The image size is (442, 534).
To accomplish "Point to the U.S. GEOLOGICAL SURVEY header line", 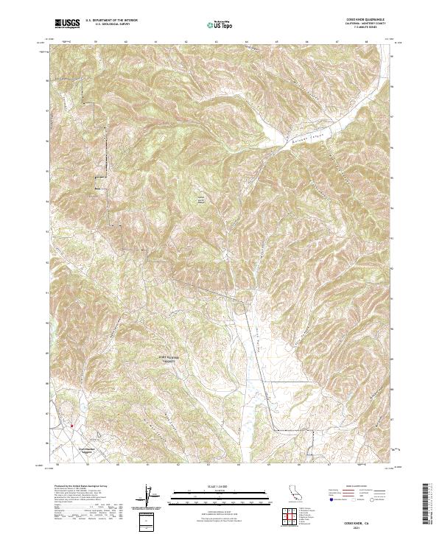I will (x=107, y=26).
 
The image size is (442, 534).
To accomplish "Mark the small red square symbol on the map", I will (x=71, y=425).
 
